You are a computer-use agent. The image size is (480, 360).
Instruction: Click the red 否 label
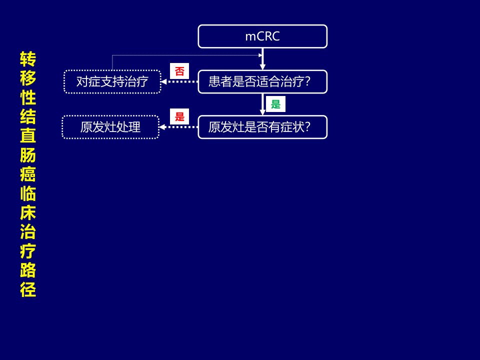179,71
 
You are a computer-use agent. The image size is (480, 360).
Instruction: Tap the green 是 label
275,104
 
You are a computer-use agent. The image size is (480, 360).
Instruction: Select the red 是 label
179,116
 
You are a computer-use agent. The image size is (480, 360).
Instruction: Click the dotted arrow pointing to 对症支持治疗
179,81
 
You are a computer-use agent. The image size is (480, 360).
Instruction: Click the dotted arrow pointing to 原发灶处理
178,127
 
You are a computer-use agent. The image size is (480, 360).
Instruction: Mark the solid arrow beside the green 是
262,104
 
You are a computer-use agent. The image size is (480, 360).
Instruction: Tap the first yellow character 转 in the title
28,59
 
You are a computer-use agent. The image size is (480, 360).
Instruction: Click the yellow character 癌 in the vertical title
28,174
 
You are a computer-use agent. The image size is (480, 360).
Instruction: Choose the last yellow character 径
28,289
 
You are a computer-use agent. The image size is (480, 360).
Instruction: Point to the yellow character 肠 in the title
28,155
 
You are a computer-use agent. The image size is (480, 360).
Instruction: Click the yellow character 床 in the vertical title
28,212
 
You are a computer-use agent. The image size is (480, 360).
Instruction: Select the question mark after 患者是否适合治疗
307,81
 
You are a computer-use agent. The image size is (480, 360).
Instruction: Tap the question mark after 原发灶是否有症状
307,126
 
